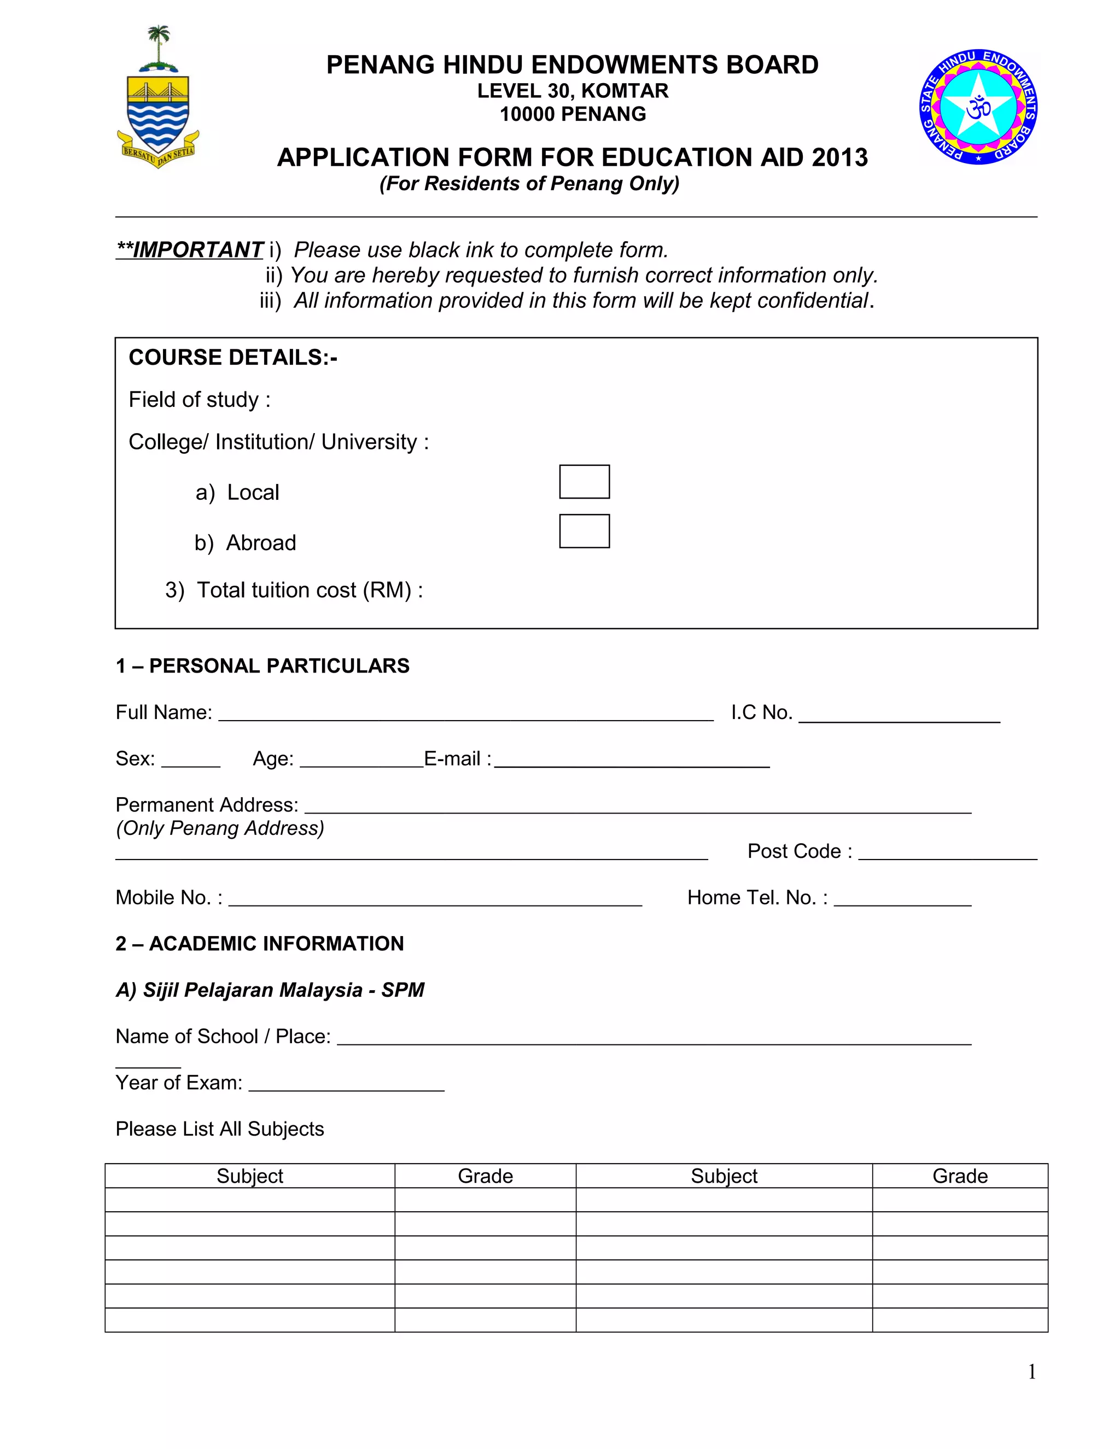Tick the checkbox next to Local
click(584, 482)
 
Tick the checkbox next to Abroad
click(584, 531)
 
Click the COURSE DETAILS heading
click(233, 358)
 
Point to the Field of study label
click(199, 400)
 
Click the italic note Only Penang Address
click(220, 828)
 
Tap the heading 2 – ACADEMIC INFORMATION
click(259, 943)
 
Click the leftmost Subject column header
click(249, 1176)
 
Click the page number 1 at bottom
click(1032, 1371)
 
